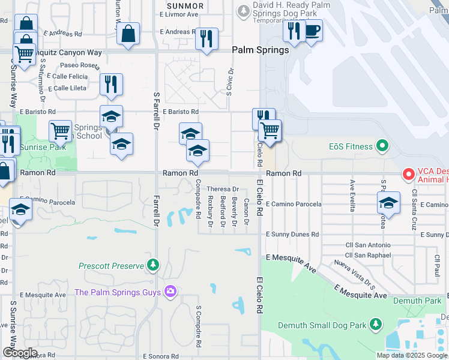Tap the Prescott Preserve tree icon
(154, 265)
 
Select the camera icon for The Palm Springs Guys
(171, 292)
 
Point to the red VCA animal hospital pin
(409, 174)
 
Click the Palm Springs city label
(261, 50)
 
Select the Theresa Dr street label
(223, 189)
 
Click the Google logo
(19, 353)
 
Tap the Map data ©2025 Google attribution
(412, 355)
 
